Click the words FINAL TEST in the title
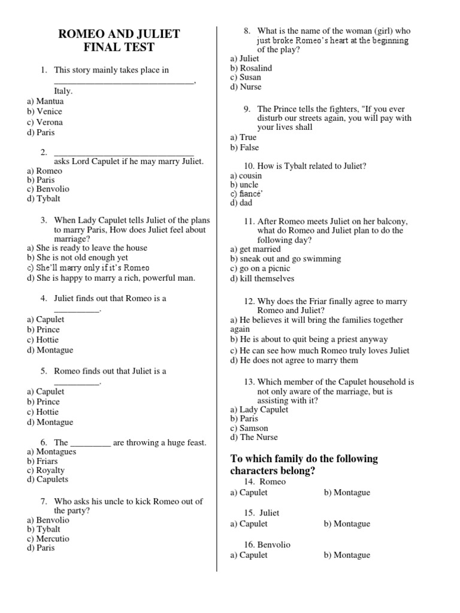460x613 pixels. tap(119, 48)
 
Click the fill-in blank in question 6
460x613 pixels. tap(90, 444)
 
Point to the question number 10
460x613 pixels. tap(249, 166)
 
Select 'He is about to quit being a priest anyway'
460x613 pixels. tap(309, 339)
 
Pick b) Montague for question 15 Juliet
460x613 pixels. tap(347, 524)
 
